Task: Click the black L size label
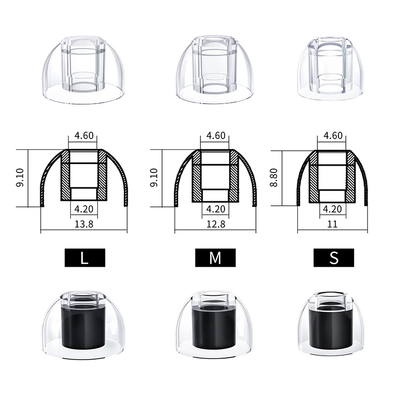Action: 85,257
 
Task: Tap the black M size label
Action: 215,257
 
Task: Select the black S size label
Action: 334,257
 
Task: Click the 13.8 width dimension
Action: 84,224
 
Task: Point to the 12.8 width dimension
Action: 216,224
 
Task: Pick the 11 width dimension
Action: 333,224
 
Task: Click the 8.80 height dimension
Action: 274,177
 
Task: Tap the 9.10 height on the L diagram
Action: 20,177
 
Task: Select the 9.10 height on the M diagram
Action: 154,177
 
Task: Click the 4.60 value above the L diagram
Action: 84,136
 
